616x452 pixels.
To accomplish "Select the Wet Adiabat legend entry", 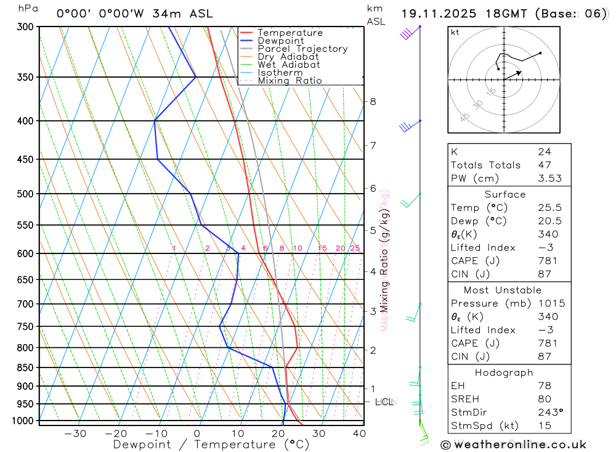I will pyautogui.click(x=288, y=64).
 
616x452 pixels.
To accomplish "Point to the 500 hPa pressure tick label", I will pyautogui.click(x=25, y=194).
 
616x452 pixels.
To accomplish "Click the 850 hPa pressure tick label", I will pyautogui.click(x=25, y=368).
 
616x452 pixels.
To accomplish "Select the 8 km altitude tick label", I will pyautogui.click(x=373, y=101).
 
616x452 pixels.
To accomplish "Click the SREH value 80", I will pyautogui.click(x=545, y=399).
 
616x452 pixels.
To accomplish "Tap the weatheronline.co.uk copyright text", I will pyautogui.click(x=514, y=444).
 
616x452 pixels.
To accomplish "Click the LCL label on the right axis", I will pyautogui.click(x=384, y=402).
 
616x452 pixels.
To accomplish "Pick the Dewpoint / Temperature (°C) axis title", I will pyautogui.click(x=211, y=444).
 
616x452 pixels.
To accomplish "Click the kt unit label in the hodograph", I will pyautogui.click(x=455, y=32).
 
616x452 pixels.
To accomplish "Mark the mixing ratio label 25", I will pyautogui.click(x=355, y=249).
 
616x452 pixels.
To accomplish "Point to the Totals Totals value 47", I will pyautogui.click(x=545, y=165).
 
